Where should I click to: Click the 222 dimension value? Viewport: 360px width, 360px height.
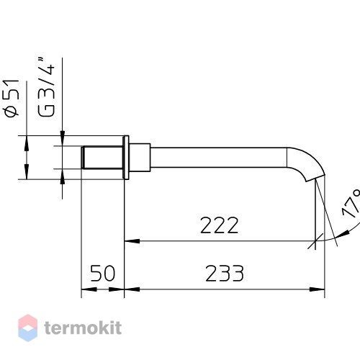coord(219,225)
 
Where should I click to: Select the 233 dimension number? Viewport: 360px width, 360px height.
coord(225,274)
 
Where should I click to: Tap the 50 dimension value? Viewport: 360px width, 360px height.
coord(103,274)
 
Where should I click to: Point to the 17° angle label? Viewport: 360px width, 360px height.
coord(351,204)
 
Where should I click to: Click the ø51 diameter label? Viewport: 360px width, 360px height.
coord(12,98)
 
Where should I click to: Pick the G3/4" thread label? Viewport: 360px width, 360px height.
coord(46,87)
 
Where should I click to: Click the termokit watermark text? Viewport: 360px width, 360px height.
coord(83,328)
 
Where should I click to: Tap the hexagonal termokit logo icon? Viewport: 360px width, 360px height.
coord(28,328)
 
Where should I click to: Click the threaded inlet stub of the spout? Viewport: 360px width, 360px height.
coord(102,157)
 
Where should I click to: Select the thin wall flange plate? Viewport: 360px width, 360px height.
coord(126,158)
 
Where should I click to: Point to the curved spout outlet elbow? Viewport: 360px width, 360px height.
coord(306,163)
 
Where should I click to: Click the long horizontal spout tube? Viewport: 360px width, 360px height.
coord(218,158)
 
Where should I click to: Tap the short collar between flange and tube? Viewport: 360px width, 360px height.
coord(140,158)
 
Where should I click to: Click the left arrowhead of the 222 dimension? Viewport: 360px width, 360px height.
coord(132,241)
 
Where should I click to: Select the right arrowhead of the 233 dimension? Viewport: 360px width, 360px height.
coord(317,289)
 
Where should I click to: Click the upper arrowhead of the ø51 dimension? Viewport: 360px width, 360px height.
coord(27,143)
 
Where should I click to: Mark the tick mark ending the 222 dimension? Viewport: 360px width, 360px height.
coord(315,241)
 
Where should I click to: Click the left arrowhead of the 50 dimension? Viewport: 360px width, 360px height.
coord(89,289)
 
